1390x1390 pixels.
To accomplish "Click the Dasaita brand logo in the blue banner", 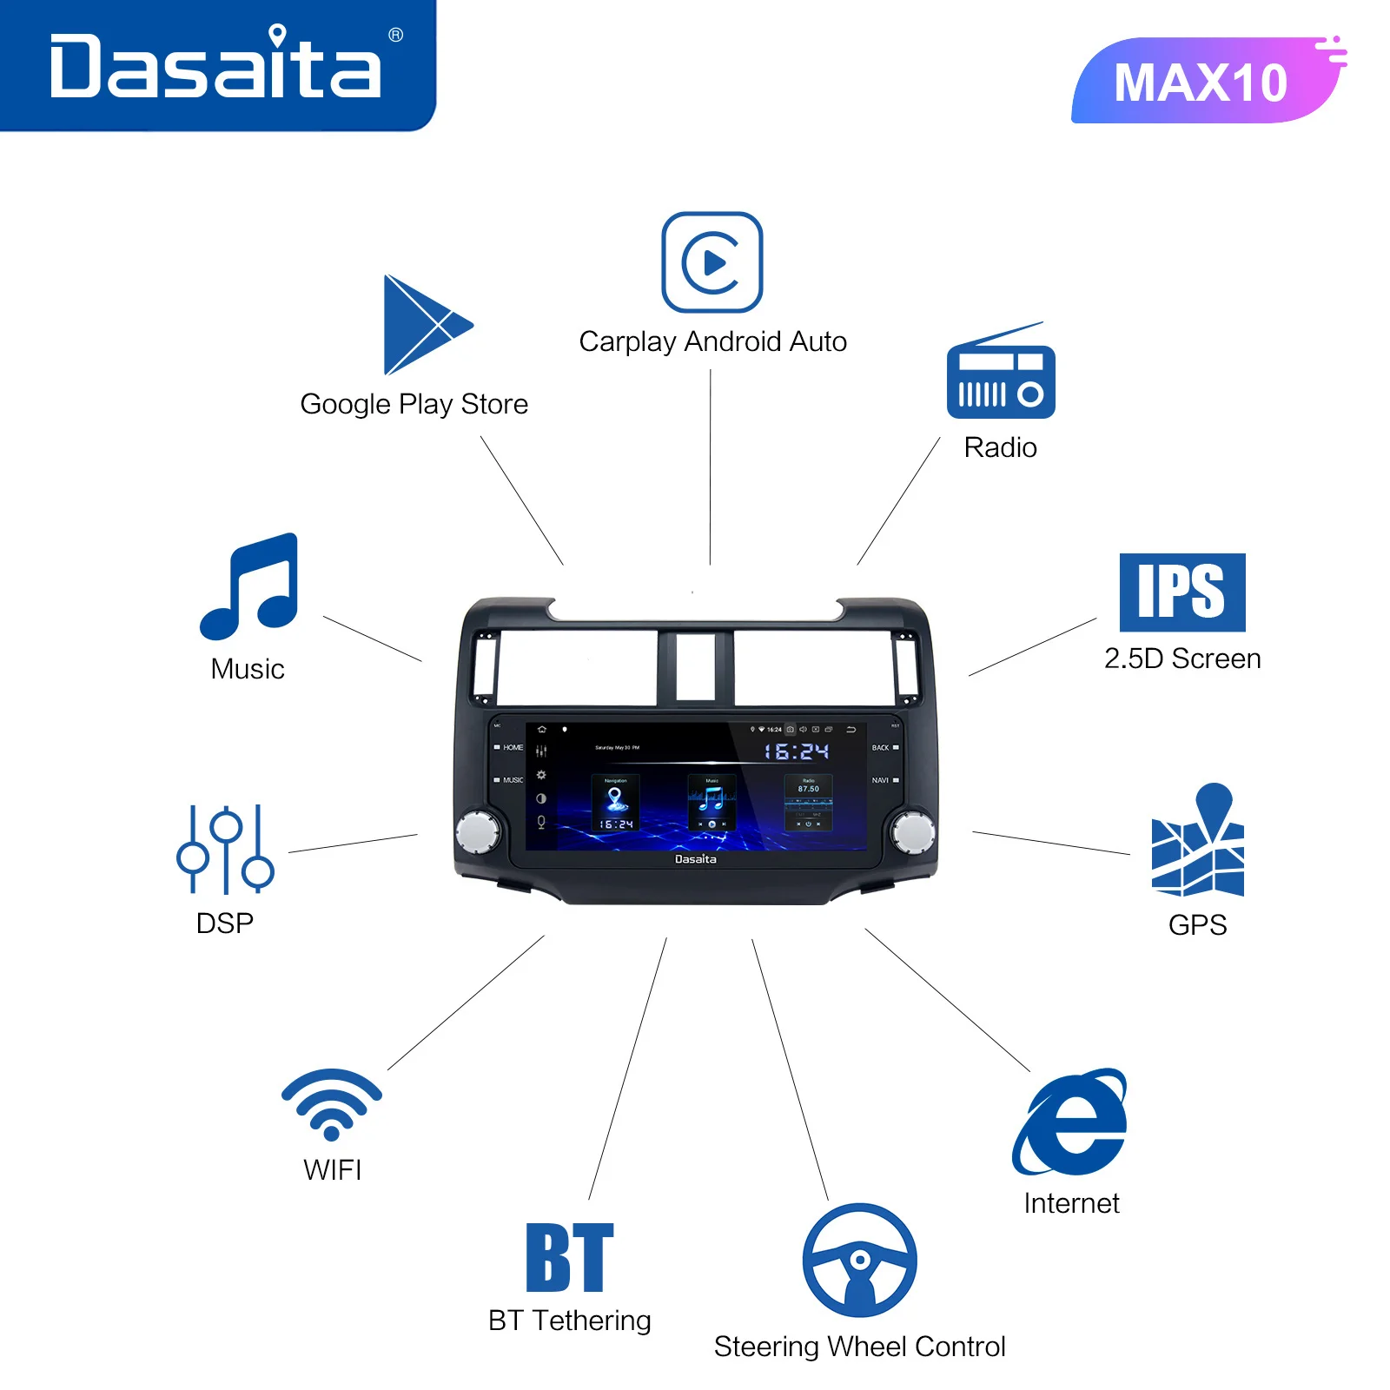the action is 215,64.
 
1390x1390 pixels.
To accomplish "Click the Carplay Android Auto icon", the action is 712,261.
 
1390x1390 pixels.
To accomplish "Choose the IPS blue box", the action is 1182,592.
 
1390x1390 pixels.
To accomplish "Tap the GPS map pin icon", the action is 1199,842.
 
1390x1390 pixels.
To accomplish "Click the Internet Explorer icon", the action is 1070,1122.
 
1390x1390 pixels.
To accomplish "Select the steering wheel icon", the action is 859,1260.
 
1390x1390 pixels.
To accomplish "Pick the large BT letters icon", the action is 570,1257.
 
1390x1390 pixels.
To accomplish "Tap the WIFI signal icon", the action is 332,1104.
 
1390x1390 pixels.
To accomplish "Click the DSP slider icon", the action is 225,850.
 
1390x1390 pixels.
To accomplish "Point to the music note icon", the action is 250,586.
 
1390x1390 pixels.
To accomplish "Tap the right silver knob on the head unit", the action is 913,831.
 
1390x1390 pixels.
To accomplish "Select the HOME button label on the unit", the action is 513,747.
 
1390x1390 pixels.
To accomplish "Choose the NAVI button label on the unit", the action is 880,780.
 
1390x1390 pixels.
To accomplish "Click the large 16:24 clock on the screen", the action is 796,751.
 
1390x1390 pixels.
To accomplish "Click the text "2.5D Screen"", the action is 1182,659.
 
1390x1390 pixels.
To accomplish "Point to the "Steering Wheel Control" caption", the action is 859,1347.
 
